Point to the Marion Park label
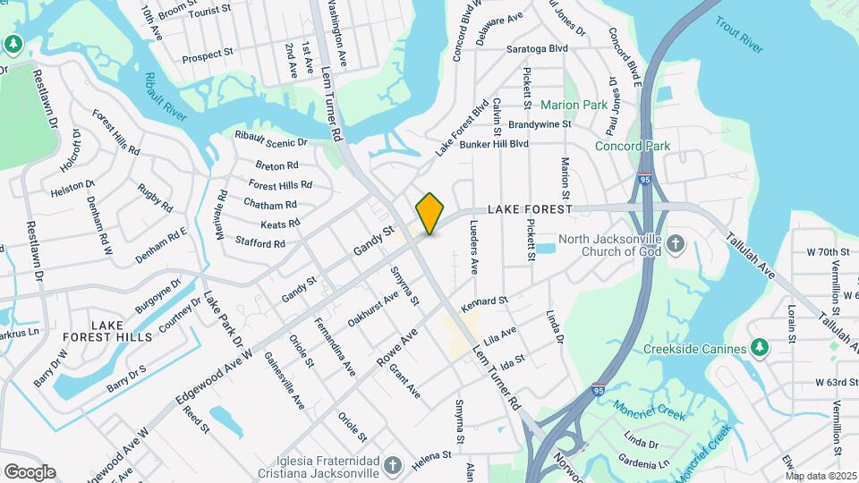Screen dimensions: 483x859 574,105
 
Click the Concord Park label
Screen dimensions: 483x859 633,146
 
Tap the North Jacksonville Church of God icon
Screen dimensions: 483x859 676,241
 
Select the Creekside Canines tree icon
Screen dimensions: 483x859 760,346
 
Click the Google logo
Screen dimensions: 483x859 30,472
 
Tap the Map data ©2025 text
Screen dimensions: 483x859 821,476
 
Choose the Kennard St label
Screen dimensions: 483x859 484,305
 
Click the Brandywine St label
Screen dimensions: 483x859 540,124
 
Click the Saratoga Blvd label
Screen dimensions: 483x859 537,48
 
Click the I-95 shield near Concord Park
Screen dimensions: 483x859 644,179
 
